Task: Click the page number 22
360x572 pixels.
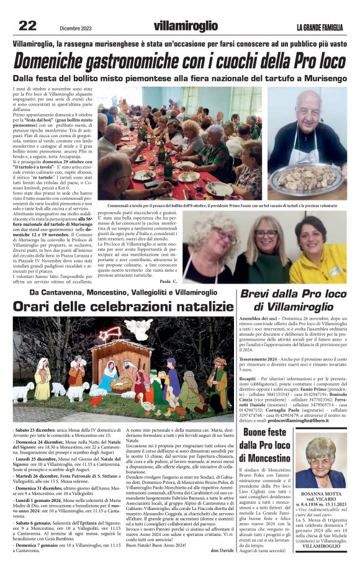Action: pos(27,25)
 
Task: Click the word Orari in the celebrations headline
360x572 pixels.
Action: pos(37,306)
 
